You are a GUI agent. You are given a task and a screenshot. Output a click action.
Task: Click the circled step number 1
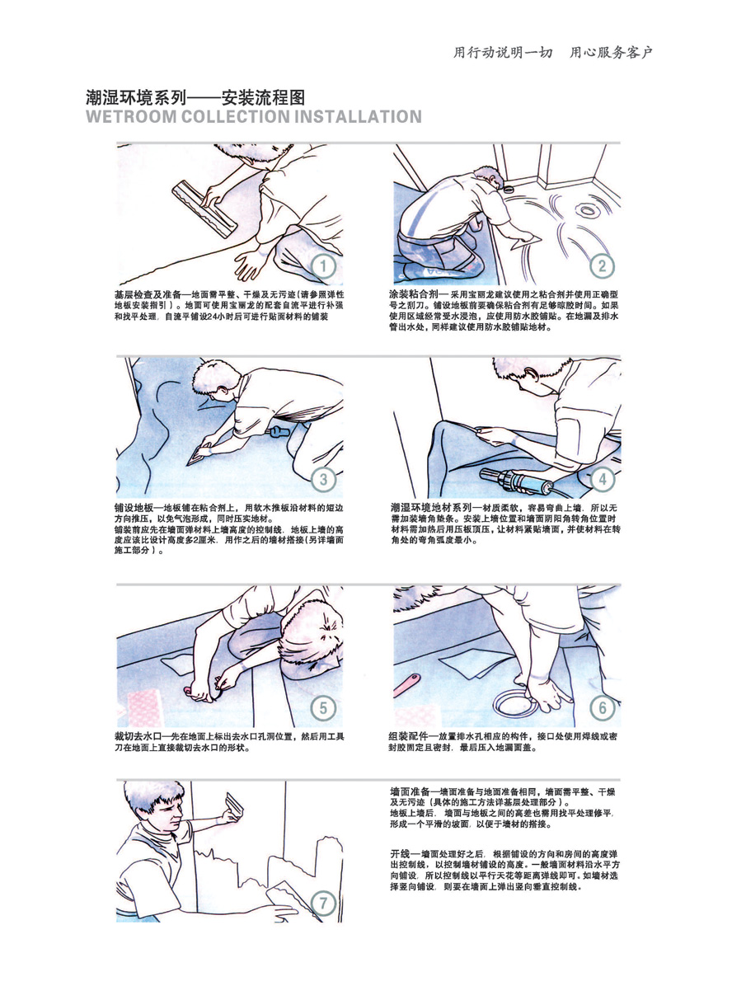[324, 265]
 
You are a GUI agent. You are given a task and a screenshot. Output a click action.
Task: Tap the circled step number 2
[602, 265]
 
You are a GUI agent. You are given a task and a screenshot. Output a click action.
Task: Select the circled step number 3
[323, 480]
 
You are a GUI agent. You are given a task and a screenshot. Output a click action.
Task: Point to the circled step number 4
[602, 479]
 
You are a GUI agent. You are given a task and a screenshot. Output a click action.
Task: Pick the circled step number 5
[323, 708]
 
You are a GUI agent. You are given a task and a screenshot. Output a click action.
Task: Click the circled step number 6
[602, 708]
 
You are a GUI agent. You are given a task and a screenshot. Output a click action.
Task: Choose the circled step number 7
[323, 904]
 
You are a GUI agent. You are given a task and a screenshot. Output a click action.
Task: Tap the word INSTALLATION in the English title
[358, 117]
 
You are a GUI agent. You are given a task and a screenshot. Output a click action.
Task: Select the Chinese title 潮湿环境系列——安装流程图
[195, 97]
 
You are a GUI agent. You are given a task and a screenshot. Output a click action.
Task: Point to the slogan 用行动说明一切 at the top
[503, 53]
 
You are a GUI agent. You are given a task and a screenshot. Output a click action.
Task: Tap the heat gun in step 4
[516, 481]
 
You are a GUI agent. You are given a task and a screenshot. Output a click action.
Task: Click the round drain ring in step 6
[514, 702]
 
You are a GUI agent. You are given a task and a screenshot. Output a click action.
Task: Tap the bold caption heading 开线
[400, 854]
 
